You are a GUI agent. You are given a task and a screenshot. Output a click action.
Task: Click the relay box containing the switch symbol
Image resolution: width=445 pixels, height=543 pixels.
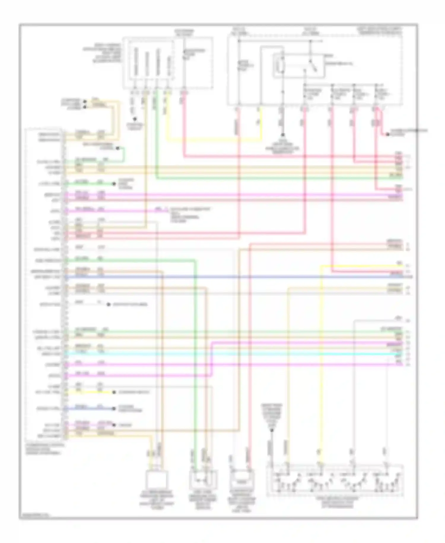pos(298,66)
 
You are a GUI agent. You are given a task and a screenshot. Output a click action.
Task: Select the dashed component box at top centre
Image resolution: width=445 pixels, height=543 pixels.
pos(168,63)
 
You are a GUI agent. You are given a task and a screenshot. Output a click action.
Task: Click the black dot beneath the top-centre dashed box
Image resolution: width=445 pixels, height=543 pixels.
pos(135,119)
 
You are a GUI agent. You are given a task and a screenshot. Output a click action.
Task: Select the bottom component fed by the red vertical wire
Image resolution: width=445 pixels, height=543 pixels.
pos(243,479)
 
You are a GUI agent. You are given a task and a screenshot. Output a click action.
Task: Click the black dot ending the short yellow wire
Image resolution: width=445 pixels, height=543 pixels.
pos(114,392)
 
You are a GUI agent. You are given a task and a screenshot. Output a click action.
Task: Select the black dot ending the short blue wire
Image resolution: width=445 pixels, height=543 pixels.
pos(114,409)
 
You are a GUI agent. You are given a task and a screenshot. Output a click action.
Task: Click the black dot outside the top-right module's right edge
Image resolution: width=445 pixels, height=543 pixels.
pos(387,135)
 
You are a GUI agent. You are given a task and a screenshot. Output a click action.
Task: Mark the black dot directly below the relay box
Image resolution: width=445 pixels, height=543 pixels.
pos(282,135)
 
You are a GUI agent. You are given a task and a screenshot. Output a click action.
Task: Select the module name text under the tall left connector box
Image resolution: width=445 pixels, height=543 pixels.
pos(44,449)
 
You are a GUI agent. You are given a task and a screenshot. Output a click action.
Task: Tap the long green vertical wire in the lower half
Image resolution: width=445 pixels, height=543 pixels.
pos(195,356)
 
